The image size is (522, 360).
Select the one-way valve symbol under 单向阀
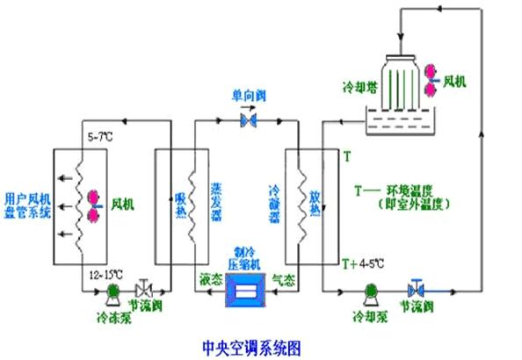point(248,119)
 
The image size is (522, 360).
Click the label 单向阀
point(248,95)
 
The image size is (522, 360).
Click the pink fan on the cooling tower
point(431,77)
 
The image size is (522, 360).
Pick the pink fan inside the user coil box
point(91,205)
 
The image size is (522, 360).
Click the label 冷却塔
point(359,89)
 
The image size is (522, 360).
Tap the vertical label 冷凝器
point(275,203)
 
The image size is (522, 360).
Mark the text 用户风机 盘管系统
point(28,205)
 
